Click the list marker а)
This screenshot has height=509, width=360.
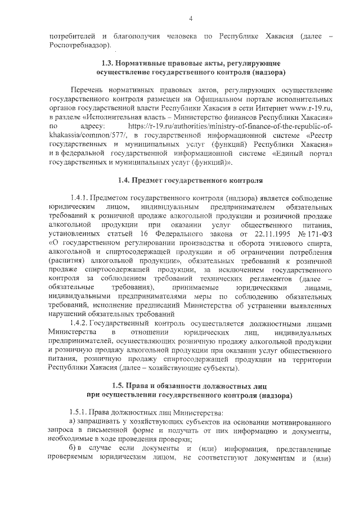pyautogui.click(x=71, y=421)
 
